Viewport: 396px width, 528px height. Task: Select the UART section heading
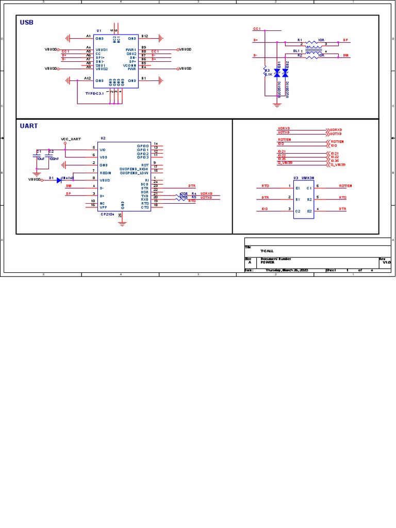click(x=29, y=125)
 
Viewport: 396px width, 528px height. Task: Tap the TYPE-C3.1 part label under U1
click(x=94, y=93)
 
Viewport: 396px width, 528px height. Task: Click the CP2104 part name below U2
click(x=107, y=213)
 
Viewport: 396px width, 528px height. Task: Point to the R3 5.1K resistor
click(x=266, y=72)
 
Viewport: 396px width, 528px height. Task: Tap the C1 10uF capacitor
click(x=37, y=154)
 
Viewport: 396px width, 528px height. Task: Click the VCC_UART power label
click(x=71, y=139)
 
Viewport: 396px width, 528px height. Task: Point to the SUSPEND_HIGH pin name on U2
click(x=134, y=168)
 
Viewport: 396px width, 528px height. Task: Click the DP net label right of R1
click(x=345, y=40)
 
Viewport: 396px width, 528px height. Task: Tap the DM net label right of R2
click(x=345, y=56)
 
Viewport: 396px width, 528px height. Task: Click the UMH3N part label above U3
click(x=308, y=177)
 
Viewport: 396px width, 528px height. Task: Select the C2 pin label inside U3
click(x=298, y=211)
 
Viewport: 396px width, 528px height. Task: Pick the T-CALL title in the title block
click(x=267, y=251)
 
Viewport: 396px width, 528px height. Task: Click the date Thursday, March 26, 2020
click(x=287, y=270)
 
